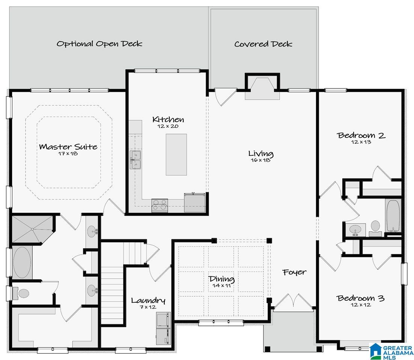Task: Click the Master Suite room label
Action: [68, 147]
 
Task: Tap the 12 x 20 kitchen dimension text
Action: [168, 126]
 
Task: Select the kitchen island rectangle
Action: [176, 154]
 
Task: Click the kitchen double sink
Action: [135, 160]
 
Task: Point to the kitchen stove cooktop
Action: [160, 205]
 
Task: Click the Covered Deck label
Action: [263, 44]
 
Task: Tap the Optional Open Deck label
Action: [99, 43]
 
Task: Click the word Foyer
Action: [294, 272]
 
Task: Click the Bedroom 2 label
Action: [361, 135]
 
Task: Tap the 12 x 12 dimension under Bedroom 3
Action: [361, 305]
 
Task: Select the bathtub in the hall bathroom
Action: [393, 216]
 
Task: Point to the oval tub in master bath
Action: [22, 262]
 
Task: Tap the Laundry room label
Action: [148, 300]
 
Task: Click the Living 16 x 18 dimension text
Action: [260, 160]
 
